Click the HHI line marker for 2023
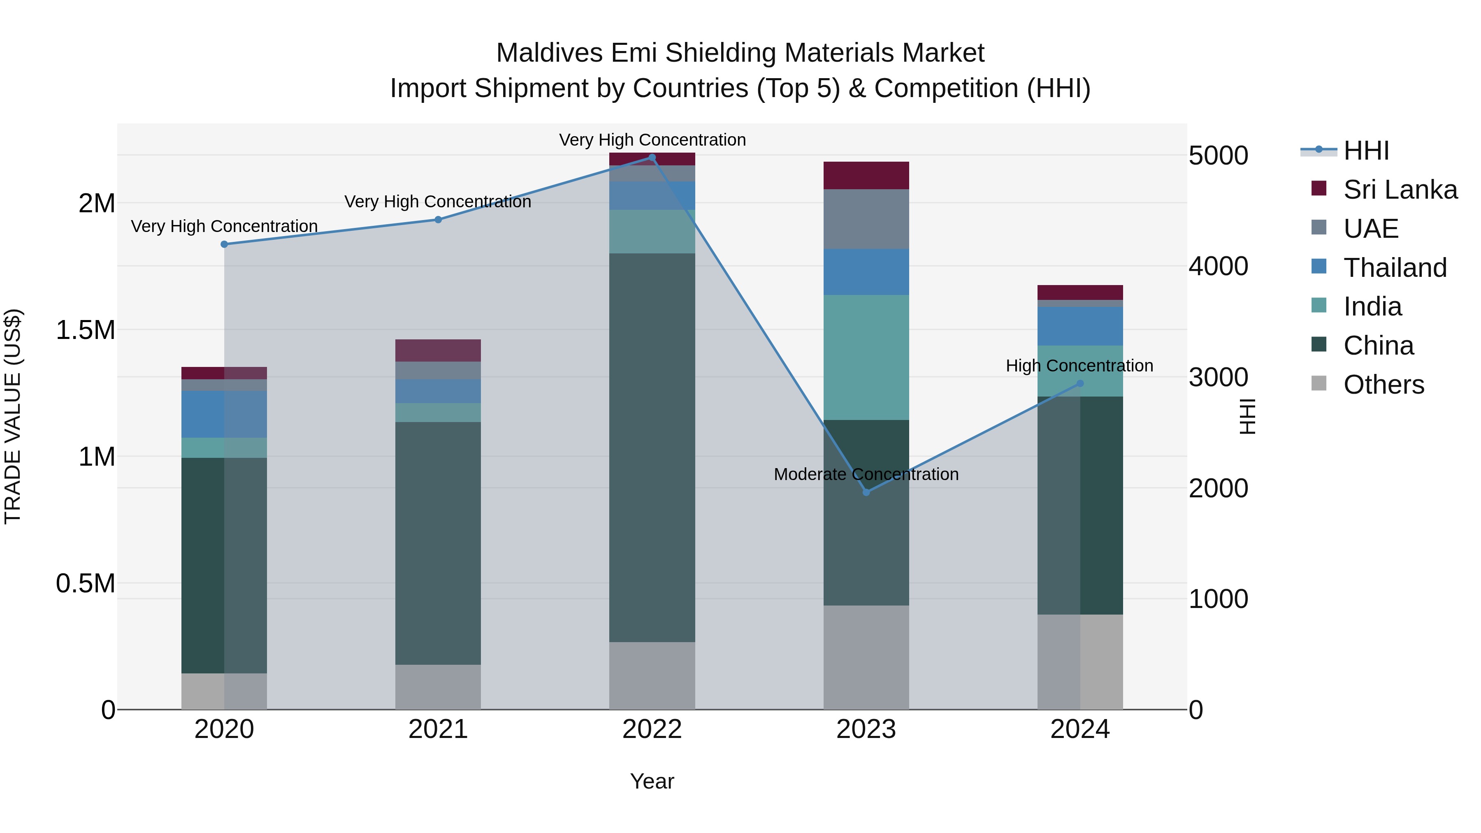point(866,492)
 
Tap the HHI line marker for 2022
point(652,158)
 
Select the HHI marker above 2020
point(224,244)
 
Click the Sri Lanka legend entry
point(1400,190)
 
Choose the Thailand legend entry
point(1394,268)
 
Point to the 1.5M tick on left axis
point(85,330)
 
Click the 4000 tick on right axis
point(1218,266)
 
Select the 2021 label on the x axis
point(438,729)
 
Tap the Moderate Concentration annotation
point(866,474)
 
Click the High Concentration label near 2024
point(1079,366)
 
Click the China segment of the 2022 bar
point(652,448)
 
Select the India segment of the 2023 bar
point(866,357)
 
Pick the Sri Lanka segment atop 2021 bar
point(438,350)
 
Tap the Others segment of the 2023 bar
point(866,657)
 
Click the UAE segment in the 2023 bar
point(866,219)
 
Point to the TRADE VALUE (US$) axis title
point(13,416)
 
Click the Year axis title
point(652,781)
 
